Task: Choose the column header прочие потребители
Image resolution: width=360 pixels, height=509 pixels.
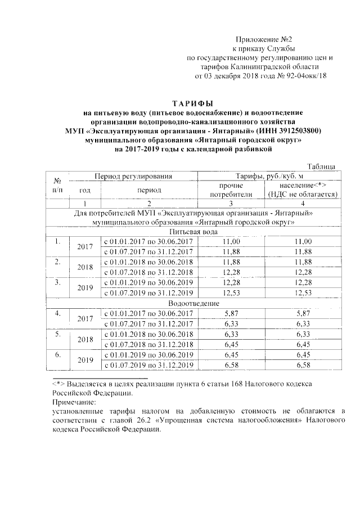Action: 227,190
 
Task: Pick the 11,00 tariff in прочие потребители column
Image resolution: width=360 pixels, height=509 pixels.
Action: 227,241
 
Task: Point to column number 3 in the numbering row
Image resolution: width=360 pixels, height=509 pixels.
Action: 227,203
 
